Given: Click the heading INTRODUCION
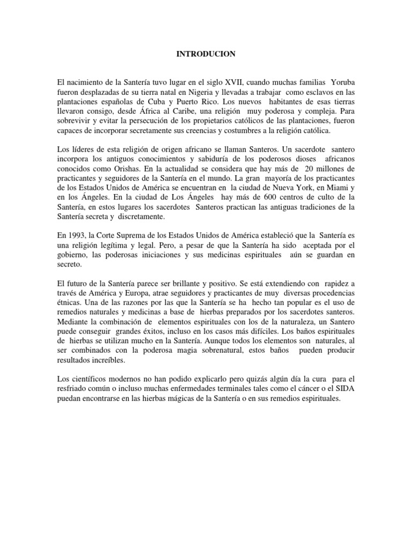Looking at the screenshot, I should pos(206,54).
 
